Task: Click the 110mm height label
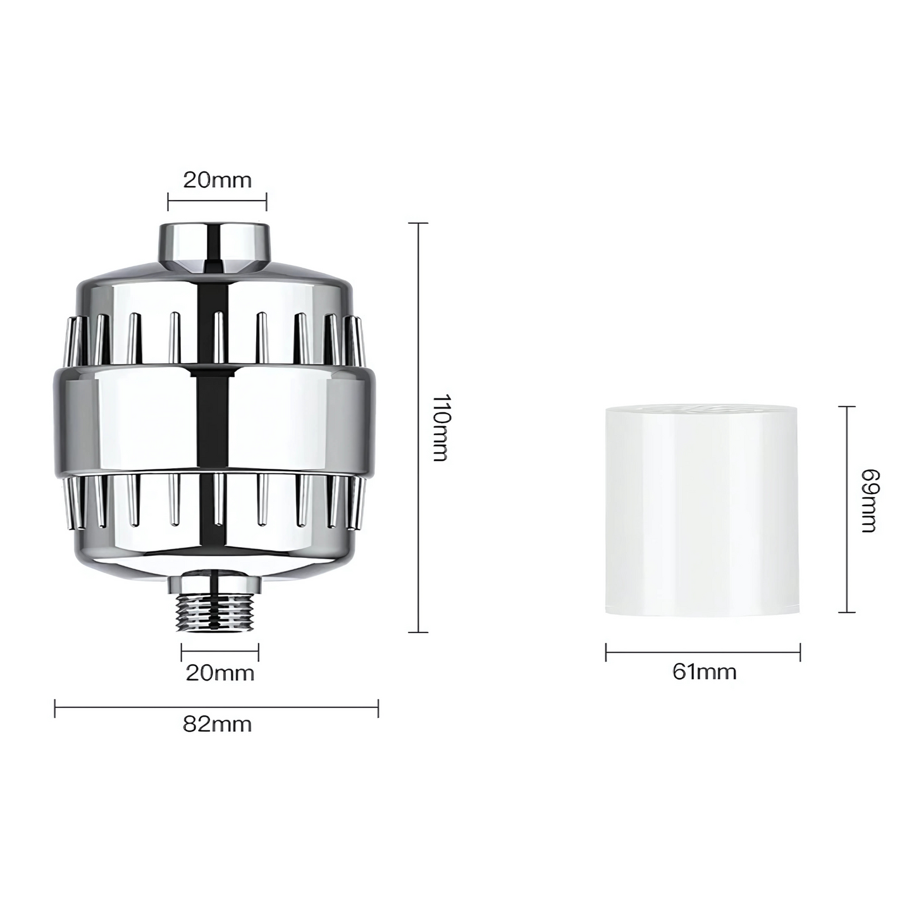[441, 428]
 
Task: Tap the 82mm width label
[217, 725]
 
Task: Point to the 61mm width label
[705, 672]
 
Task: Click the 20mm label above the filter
[217, 180]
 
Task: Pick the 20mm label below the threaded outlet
[220, 673]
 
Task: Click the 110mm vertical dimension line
[418, 428]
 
